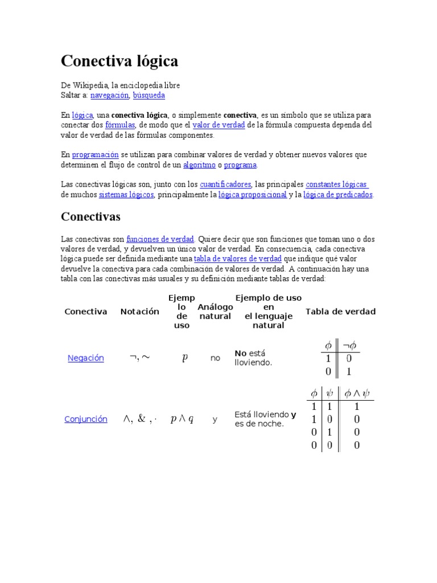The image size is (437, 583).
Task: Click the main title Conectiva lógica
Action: (x=119, y=61)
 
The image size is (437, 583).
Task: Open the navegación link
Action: (x=109, y=95)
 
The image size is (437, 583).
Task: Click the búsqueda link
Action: (x=149, y=95)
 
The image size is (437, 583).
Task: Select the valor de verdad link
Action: (x=218, y=125)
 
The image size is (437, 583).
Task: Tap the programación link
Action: (x=95, y=155)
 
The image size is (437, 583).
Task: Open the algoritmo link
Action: (x=199, y=165)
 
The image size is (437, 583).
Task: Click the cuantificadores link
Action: (x=225, y=184)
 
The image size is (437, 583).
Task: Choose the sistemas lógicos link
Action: (x=126, y=195)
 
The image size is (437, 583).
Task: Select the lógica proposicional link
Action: (x=253, y=195)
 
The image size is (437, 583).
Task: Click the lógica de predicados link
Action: (x=338, y=195)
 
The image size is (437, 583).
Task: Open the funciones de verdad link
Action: (x=160, y=239)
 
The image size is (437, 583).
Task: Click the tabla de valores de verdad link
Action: (x=238, y=259)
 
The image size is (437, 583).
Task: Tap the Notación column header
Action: (x=140, y=311)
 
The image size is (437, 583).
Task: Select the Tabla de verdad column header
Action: (x=340, y=311)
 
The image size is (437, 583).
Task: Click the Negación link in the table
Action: (x=86, y=358)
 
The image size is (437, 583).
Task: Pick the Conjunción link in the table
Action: (x=86, y=419)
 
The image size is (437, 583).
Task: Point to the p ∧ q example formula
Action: (x=182, y=419)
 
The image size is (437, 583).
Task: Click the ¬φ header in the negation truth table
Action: (x=349, y=345)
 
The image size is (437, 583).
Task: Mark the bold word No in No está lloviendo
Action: (x=241, y=354)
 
